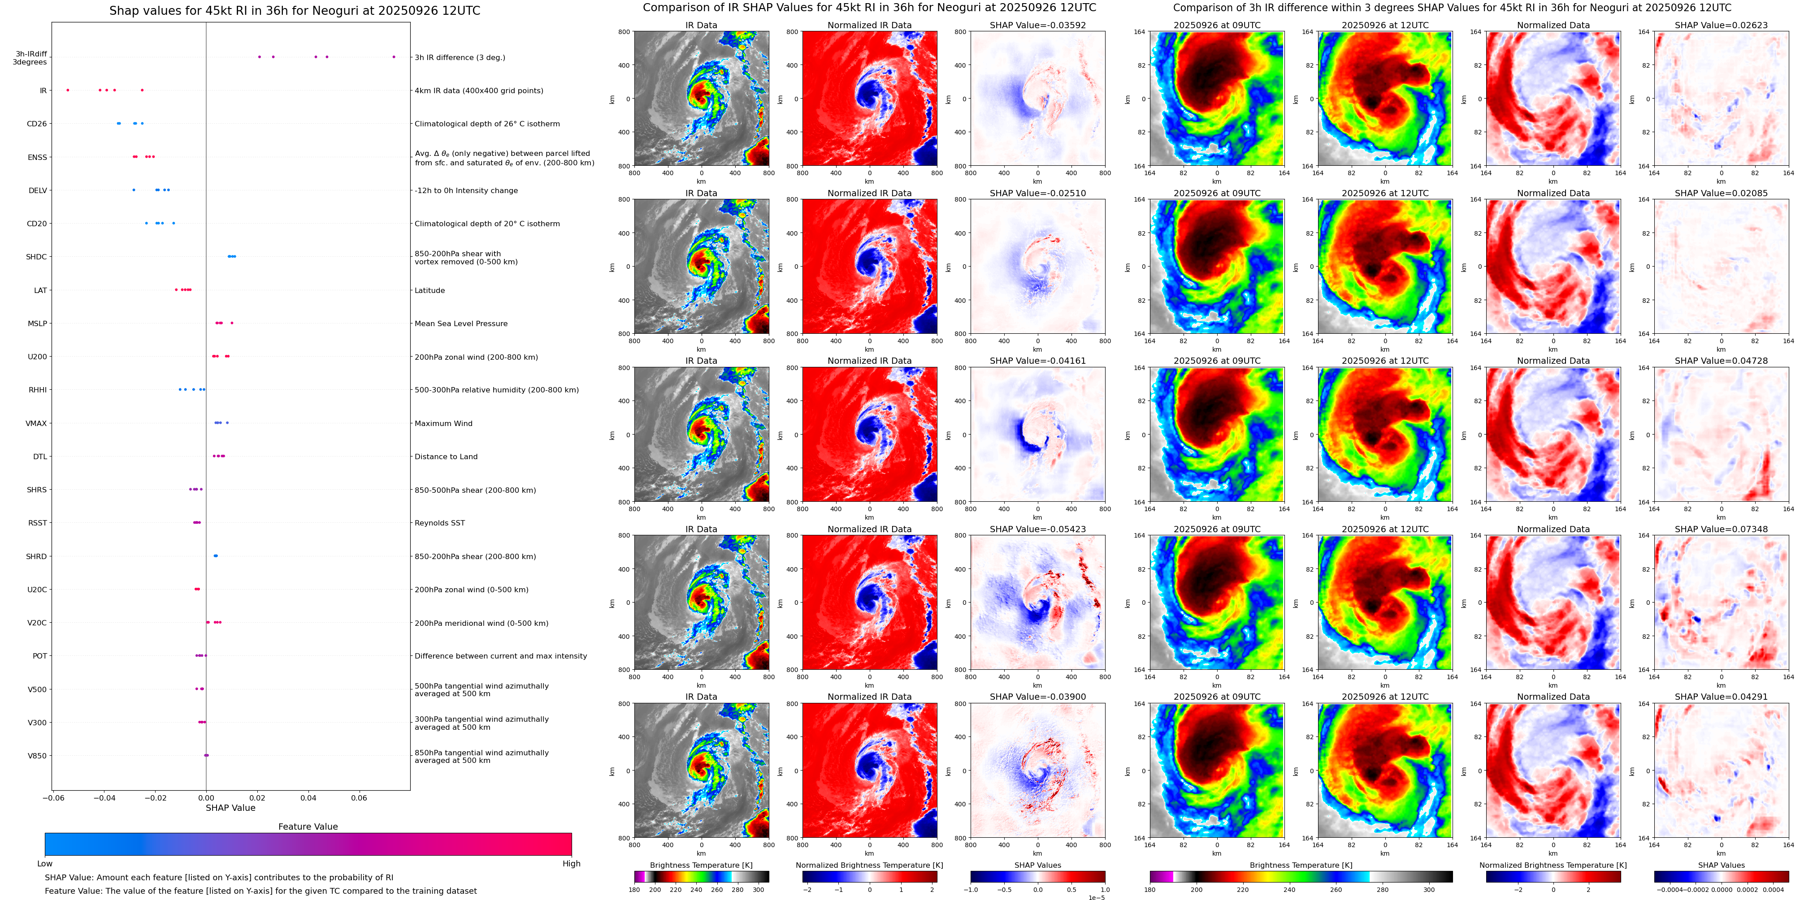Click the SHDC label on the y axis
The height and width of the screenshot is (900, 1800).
click(36, 257)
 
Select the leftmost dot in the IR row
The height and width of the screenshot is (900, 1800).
click(68, 90)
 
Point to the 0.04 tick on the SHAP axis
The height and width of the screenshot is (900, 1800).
click(308, 797)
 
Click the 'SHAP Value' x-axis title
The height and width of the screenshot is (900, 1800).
click(230, 808)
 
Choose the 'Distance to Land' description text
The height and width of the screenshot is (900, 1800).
click(446, 456)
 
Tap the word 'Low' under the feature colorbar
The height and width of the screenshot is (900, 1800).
click(45, 864)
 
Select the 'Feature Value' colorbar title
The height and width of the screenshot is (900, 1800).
click(308, 827)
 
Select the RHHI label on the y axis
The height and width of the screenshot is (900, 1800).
click(38, 390)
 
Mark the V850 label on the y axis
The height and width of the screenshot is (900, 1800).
click(37, 755)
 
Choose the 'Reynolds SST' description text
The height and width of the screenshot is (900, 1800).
click(439, 523)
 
